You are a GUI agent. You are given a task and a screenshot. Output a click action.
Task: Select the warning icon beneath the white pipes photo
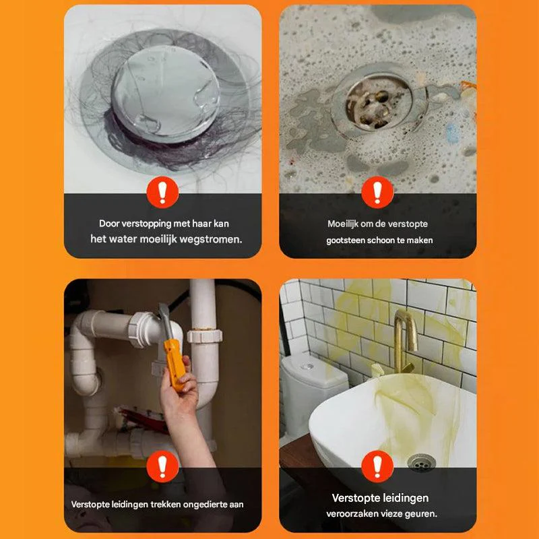[162, 466]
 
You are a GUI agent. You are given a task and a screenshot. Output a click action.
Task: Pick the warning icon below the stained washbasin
[377, 466]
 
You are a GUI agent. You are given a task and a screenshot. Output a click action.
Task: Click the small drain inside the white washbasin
[422, 462]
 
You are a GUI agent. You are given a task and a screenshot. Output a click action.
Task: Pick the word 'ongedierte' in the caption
[205, 504]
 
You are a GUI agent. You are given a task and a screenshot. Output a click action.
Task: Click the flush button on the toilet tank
[307, 367]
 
